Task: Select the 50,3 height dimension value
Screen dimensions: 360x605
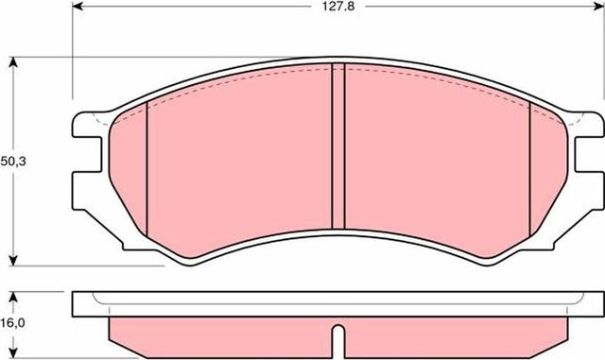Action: point(12,162)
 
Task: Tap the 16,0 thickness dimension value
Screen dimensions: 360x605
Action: point(12,323)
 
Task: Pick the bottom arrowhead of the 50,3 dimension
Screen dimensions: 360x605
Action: point(13,261)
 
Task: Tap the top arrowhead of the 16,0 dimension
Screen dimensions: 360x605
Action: point(13,295)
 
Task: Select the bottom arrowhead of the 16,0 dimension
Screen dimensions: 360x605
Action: point(13,355)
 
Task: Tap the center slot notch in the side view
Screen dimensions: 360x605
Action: point(337,338)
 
